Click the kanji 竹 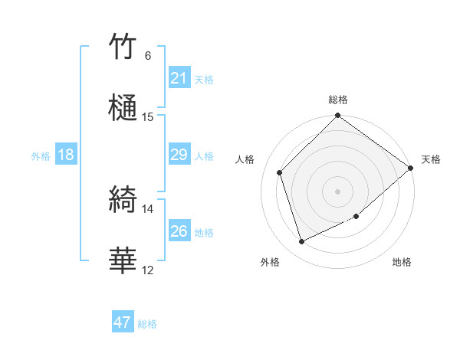[x=123, y=47]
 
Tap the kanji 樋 [x=123, y=106]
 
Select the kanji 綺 [x=123, y=201]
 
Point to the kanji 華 [x=123, y=261]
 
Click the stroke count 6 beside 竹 [x=148, y=56]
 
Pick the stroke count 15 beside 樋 [x=148, y=117]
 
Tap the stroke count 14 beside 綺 [x=148, y=209]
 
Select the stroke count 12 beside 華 [x=148, y=270]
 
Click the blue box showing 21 [x=179, y=78]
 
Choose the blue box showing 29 [x=179, y=155]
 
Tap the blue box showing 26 [x=179, y=231]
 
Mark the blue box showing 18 [x=66, y=155]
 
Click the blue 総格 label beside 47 [x=147, y=324]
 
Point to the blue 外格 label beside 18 [x=41, y=156]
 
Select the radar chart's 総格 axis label [x=338, y=100]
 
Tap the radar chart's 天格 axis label [x=431, y=159]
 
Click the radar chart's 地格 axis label [x=402, y=262]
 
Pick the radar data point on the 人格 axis [x=280, y=172]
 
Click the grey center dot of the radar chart [x=337, y=191]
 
